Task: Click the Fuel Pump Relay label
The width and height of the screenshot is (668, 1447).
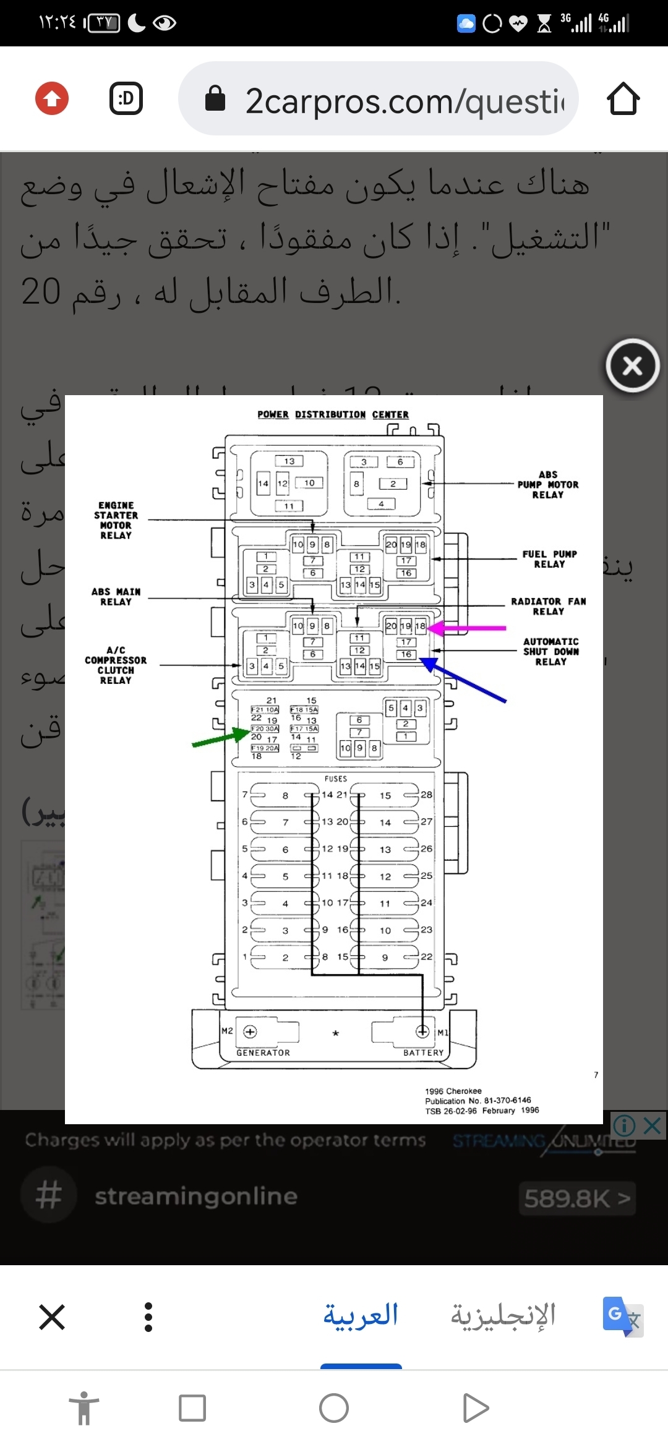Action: [x=549, y=559]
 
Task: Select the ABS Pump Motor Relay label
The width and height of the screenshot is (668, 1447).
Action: [x=548, y=485]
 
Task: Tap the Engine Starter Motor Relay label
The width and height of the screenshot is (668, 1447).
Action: [x=116, y=521]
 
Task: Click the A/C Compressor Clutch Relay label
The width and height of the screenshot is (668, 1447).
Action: [x=116, y=665]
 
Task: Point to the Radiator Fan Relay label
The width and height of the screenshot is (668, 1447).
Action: [x=549, y=606]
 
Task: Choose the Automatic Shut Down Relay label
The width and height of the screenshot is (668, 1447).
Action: [x=550, y=652]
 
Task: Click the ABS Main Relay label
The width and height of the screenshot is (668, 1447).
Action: [x=116, y=597]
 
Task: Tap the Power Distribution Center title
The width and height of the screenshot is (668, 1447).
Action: [x=333, y=414]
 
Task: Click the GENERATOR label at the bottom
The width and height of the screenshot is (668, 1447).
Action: [x=263, y=1052]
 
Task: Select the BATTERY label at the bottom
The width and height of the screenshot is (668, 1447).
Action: [x=424, y=1052]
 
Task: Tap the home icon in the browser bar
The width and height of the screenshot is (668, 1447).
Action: [x=623, y=99]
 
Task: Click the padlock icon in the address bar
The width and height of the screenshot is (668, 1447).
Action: [x=215, y=99]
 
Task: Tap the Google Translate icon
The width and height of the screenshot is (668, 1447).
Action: [x=622, y=1316]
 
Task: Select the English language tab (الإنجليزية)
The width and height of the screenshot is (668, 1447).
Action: [x=503, y=1316]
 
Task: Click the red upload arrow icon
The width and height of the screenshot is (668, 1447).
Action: [x=52, y=98]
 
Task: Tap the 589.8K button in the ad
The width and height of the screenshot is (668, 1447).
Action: [x=577, y=1198]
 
